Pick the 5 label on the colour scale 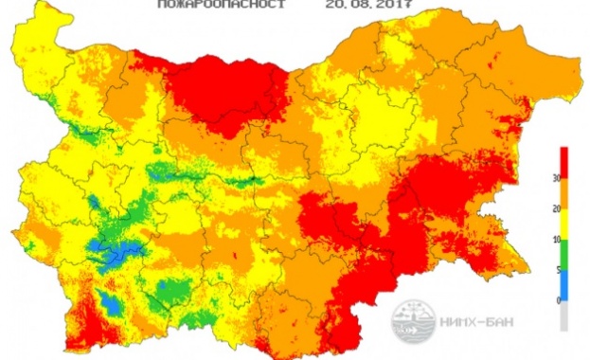click(x=554, y=270)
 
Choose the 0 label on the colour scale click(x=554, y=300)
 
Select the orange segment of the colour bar click(x=564, y=193)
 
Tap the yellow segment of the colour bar click(x=564, y=225)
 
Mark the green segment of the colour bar click(x=564, y=254)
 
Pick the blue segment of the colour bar click(x=564, y=284)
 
